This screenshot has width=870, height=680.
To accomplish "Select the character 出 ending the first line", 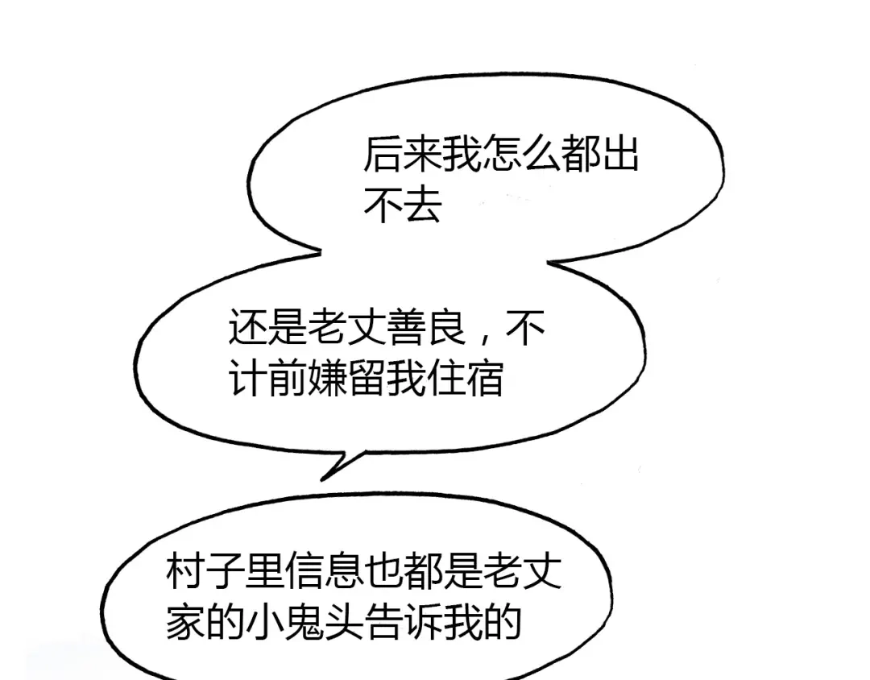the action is tap(620, 153).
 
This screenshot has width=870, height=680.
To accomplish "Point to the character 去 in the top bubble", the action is tap(423, 205).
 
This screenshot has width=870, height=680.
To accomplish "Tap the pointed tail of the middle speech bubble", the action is tap(322, 479).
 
